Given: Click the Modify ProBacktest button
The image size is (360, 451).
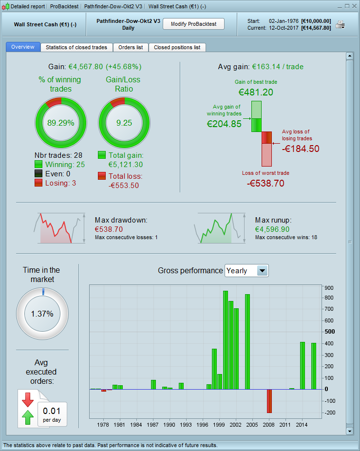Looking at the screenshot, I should click(193, 24).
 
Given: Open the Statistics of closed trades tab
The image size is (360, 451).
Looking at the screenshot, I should click(76, 47).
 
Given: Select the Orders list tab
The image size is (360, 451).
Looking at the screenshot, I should click(131, 47).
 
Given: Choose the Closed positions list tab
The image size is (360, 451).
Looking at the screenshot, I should click(177, 47).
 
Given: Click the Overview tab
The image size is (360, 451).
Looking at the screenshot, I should click(23, 47).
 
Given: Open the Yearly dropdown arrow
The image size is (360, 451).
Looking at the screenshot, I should click(263, 271).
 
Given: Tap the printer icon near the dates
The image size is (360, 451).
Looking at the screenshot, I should click(340, 25).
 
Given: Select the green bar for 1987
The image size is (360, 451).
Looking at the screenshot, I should click(153, 384).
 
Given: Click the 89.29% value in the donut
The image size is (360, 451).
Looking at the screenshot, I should click(61, 123).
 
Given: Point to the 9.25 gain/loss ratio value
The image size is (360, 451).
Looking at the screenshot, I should click(124, 123).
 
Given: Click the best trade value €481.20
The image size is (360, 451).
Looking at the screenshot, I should click(256, 92).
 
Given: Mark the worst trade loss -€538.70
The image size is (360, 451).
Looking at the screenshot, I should click(265, 183).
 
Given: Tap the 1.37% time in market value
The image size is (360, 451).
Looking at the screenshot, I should click(42, 314).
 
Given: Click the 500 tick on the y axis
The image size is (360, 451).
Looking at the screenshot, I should click(330, 332).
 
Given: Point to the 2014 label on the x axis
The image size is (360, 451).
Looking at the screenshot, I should click(302, 424).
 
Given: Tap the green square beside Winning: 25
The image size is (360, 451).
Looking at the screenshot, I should click(38, 165).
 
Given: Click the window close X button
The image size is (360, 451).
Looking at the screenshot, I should click(354, 6).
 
